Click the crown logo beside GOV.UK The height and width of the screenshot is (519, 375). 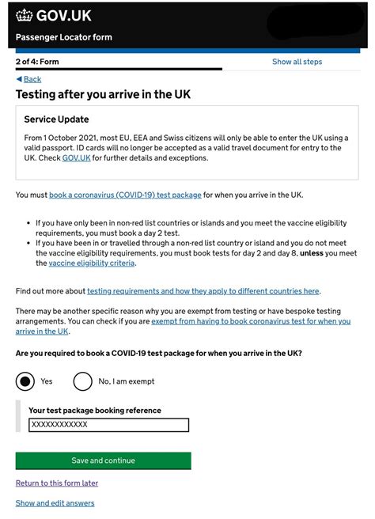(24, 15)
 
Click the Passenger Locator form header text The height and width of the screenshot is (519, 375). (64, 37)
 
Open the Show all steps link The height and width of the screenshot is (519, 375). (297, 62)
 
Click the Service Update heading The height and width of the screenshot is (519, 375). (56, 119)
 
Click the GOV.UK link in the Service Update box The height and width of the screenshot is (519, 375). (76, 158)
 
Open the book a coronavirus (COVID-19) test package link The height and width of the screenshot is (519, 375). (125, 195)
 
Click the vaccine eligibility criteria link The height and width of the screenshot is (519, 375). (91, 263)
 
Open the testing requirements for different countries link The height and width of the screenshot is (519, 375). (203, 291)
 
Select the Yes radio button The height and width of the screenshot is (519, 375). (26, 381)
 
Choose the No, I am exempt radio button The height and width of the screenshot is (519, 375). (82, 381)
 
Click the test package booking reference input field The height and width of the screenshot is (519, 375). (108, 425)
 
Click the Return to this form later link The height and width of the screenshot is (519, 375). (57, 483)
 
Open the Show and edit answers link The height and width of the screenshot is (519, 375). (55, 503)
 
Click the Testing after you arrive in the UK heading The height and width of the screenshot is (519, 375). (103, 95)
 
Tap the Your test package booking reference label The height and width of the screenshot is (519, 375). (95, 411)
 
